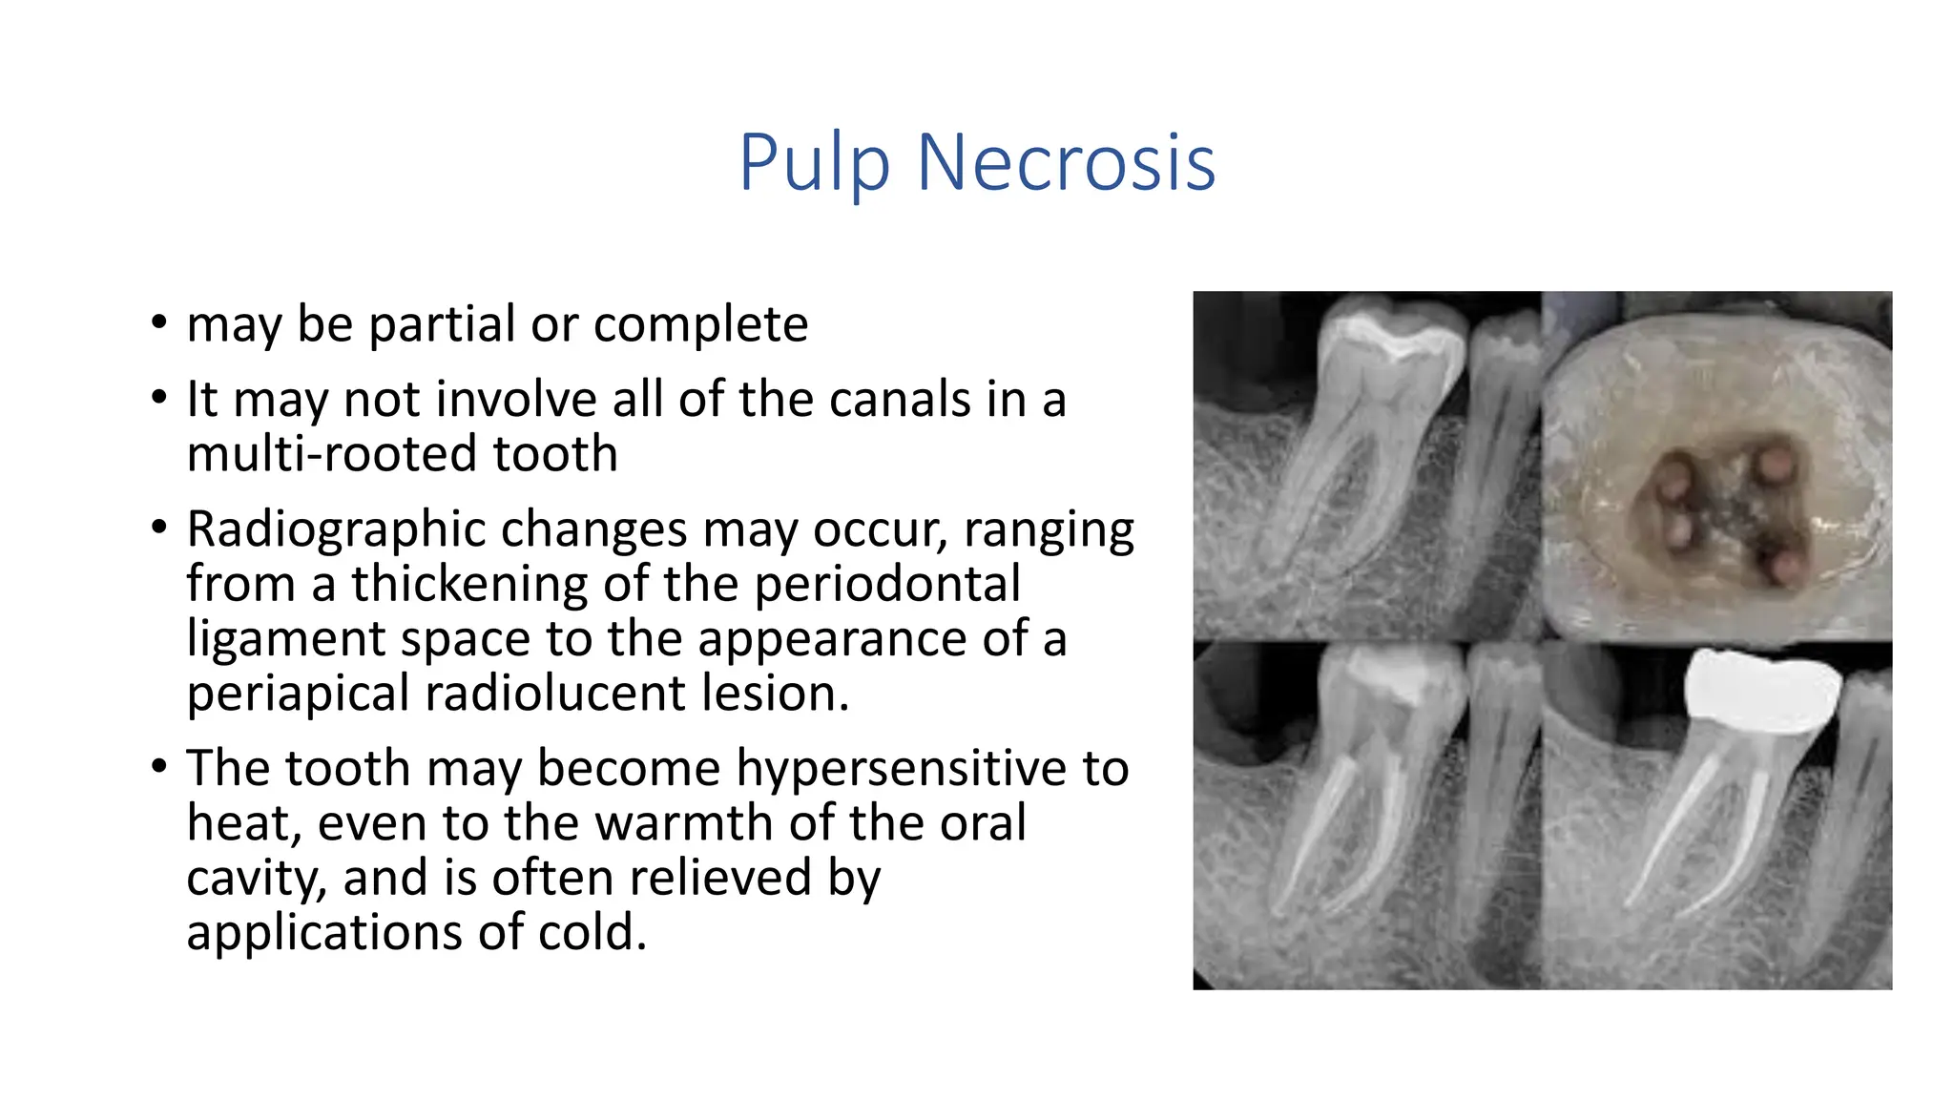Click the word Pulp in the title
click(814, 163)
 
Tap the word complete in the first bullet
click(700, 324)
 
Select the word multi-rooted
click(320, 453)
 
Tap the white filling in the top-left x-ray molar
click(1393, 336)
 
